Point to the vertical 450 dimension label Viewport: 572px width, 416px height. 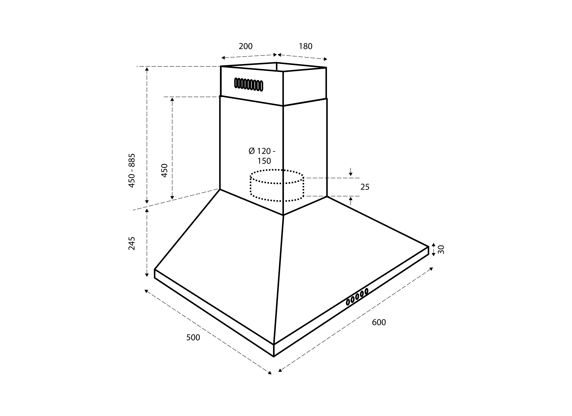(164, 170)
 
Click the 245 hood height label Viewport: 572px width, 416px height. (132, 243)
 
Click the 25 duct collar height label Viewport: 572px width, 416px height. (365, 187)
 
